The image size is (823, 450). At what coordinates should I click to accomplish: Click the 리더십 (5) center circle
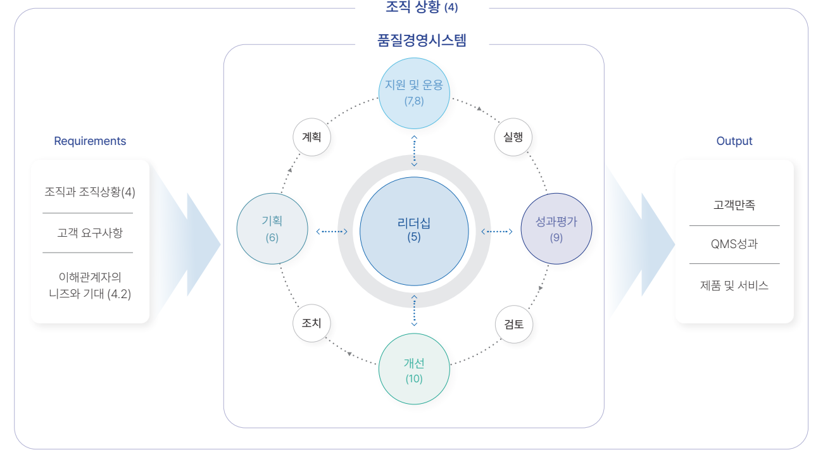414,231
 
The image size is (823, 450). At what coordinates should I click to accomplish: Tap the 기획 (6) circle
272,228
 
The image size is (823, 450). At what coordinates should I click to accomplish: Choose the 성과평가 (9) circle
556,228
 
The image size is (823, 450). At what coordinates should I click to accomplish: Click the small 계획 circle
312,136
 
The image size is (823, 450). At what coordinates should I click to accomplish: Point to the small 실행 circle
513,136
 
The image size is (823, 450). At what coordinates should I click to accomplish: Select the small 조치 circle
312,323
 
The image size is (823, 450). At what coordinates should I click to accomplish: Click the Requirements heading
90,141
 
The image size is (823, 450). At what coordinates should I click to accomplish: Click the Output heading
734,141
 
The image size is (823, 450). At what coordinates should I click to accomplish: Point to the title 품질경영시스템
422,41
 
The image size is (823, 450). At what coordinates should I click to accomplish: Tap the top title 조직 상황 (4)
422,8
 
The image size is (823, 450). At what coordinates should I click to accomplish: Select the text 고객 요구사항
90,233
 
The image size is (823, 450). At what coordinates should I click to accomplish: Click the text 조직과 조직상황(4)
90,191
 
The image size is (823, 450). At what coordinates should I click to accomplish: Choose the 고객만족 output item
734,205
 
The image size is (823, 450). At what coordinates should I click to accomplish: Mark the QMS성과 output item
734,244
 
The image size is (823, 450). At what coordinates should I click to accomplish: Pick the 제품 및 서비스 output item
734,285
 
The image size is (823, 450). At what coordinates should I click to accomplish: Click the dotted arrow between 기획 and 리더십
332,232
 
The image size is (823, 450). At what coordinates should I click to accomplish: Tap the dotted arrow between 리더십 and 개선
414,310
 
